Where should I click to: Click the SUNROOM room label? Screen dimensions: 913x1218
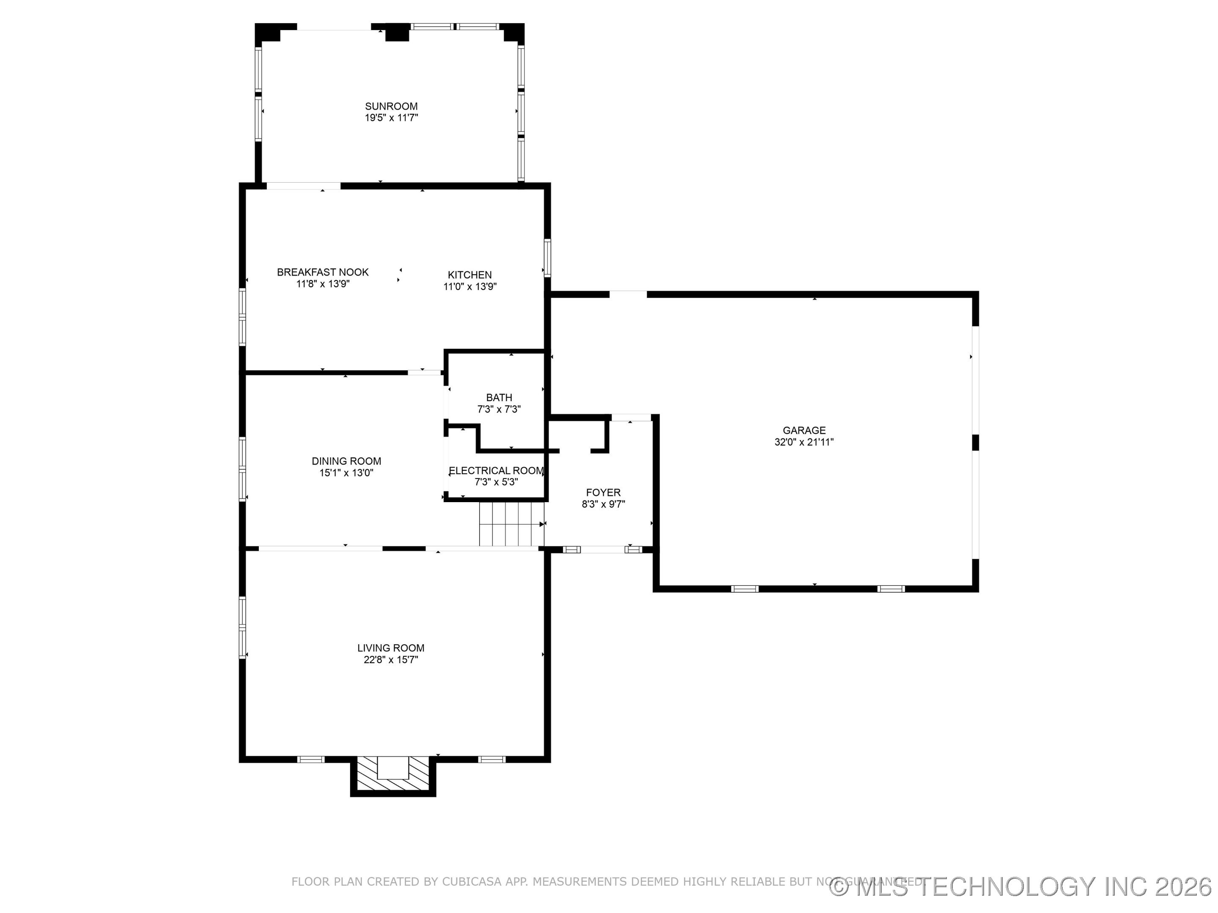click(x=391, y=106)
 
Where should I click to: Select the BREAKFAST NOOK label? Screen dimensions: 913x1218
click(x=323, y=272)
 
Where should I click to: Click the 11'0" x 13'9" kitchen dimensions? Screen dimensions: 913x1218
click(x=470, y=287)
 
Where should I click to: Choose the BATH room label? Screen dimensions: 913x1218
click(x=499, y=397)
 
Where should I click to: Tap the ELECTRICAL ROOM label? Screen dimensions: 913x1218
click(x=496, y=470)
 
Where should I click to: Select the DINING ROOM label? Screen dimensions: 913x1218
click(x=346, y=461)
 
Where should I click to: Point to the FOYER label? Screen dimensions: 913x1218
click(x=603, y=492)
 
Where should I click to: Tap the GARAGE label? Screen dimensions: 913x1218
click(x=804, y=430)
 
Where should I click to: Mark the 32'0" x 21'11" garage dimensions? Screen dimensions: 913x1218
click(x=804, y=442)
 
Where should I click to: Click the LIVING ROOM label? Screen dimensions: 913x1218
click(x=390, y=648)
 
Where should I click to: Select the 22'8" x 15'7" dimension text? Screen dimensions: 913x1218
click(x=390, y=660)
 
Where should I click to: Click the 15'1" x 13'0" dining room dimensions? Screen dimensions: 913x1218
click(x=346, y=473)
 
